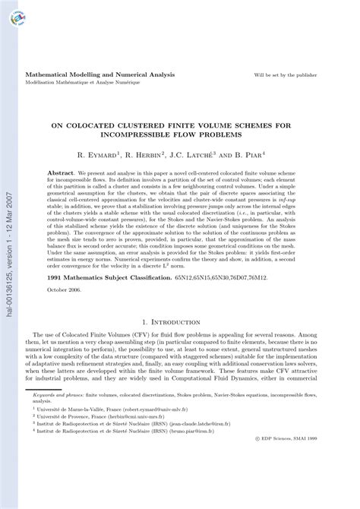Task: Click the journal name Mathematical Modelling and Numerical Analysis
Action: click(x=100, y=75)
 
